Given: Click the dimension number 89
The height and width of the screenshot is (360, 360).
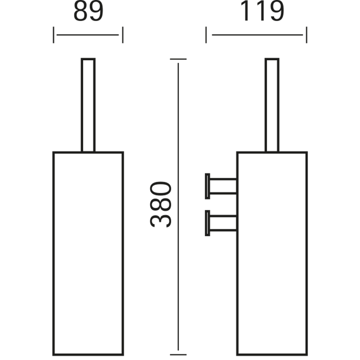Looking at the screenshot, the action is pyautogui.click(x=88, y=12).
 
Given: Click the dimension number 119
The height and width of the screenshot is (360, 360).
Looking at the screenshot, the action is pyautogui.click(x=262, y=11).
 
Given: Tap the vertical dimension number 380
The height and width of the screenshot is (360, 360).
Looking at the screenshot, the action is pyautogui.click(x=160, y=204).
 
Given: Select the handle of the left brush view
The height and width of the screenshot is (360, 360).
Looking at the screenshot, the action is pyautogui.click(x=88, y=105).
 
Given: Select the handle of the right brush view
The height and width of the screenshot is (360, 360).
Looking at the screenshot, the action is pyautogui.click(x=272, y=105).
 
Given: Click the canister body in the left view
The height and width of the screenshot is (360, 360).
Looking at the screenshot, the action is pyautogui.click(x=53, y=253).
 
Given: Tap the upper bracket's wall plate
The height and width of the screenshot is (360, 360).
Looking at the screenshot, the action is pyautogui.click(x=207, y=186).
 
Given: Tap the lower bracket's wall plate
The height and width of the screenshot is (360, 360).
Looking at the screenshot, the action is pyautogui.click(x=207, y=223).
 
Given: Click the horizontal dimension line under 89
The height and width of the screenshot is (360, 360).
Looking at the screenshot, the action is pyautogui.click(x=88, y=35).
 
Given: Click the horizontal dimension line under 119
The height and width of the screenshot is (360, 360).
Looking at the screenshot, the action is pyautogui.click(x=257, y=35).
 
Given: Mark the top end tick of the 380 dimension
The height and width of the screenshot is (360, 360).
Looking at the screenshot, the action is pyautogui.click(x=178, y=59).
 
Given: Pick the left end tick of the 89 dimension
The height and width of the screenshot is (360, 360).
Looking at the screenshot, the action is pyautogui.click(x=53, y=35).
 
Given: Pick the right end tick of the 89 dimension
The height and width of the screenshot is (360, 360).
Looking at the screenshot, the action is pyautogui.click(x=123, y=35).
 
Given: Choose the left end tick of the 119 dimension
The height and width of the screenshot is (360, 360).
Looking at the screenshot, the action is pyautogui.click(x=206, y=35).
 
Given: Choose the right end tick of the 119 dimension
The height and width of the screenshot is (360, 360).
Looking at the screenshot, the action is pyautogui.click(x=307, y=35).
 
